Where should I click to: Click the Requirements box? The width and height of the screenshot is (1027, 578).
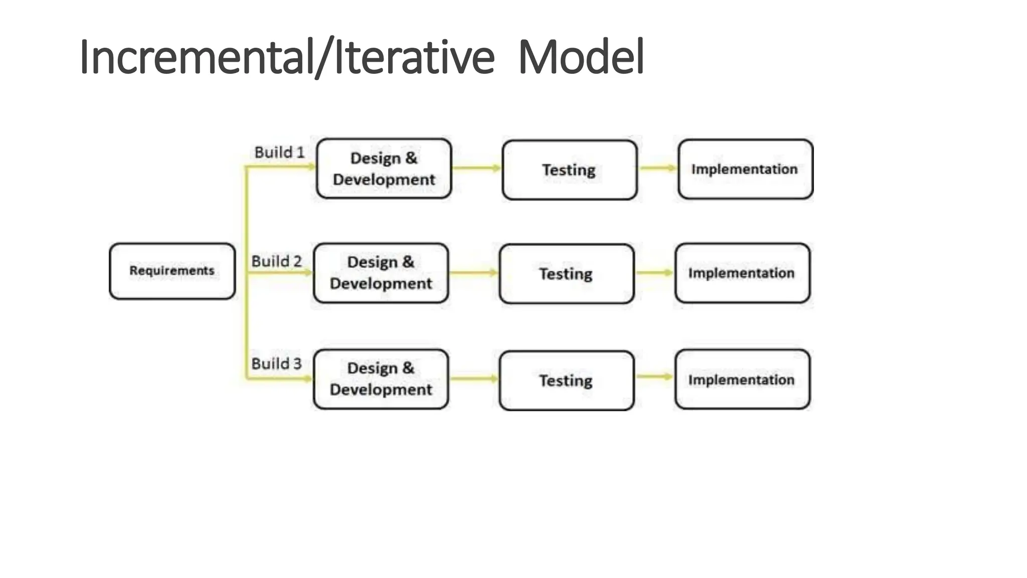[x=172, y=271]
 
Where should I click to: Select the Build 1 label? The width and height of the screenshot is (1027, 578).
[x=279, y=153]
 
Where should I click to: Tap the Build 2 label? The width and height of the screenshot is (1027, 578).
[x=276, y=261]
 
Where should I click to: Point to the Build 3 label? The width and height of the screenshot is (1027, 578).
[x=276, y=364]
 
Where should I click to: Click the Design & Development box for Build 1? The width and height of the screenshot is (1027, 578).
[x=384, y=169]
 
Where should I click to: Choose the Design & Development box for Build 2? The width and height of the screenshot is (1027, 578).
[x=381, y=273]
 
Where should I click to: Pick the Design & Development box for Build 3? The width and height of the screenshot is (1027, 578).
[x=381, y=379]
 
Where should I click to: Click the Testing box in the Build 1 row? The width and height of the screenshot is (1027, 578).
[x=569, y=170]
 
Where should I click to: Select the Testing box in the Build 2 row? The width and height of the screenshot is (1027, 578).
[x=566, y=274]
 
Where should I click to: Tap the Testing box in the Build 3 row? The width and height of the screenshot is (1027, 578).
[x=566, y=380]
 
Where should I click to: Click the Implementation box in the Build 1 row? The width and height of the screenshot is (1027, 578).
[x=745, y=169]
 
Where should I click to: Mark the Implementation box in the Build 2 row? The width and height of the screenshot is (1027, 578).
[x=742, y=273]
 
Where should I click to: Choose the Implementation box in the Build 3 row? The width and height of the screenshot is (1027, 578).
[x=742, y=379]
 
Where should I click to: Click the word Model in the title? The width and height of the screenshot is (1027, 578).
[x=581, y=57]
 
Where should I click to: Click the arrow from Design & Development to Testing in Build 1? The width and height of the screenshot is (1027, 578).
[x=476, y=168]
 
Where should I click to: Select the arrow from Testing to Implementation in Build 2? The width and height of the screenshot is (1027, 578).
[x=654, y=273]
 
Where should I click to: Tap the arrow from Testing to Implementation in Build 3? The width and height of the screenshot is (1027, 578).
[x=654, y=377]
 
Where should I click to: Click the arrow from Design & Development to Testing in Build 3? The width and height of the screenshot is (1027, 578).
[x=474, y=379]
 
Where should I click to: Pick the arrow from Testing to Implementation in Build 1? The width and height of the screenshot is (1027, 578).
[x=658, y=168]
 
